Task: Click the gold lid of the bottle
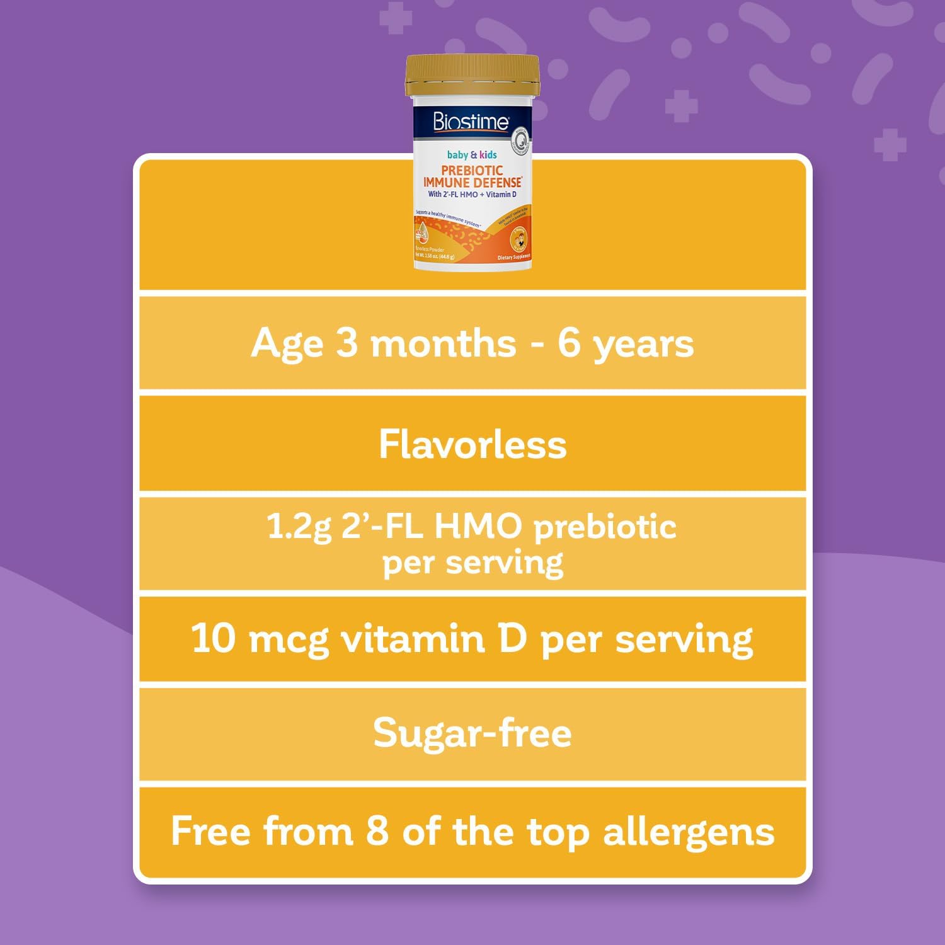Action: click(x=472, y=76)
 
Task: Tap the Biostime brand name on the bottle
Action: click(x=471, y=120)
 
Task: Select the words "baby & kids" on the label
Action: click(x=472, y=154)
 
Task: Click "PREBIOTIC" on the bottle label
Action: click(x=472, y=170)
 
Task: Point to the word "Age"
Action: click(x=287, y=344)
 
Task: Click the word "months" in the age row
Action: click(x=443, y=344)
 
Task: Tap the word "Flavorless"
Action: click(x=472, y=444)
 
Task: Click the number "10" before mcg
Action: click(x=214, y=638)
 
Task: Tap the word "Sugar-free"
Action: click(x=472, y=733)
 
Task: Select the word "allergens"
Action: click(x=689, y=833)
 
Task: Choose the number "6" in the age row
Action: click(x=569, y=344)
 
